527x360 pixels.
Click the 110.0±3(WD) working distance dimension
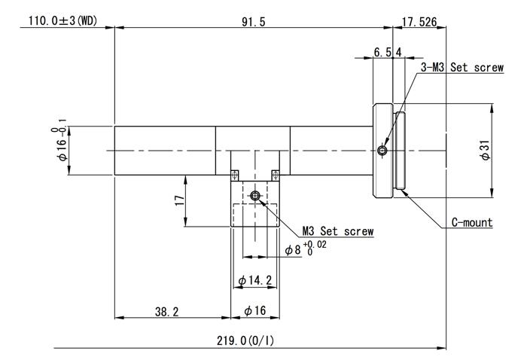point(62,21)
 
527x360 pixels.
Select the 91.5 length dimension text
point(254,22)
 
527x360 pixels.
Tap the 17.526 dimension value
point(419,22)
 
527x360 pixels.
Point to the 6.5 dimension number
point(382,52)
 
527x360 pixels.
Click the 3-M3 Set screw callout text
point(462,67)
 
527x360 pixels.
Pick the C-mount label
point(472,222)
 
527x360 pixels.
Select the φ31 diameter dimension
point(486,150)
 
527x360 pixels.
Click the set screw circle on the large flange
point(382,151)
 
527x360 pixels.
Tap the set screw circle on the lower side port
point(255,195)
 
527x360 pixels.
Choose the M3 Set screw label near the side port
point(338,231)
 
